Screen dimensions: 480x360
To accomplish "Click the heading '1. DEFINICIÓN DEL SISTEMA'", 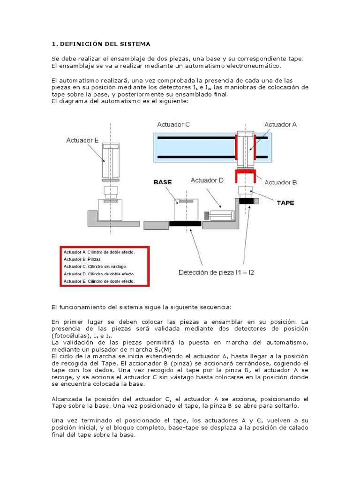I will pyautogui.click(x=101, y=44).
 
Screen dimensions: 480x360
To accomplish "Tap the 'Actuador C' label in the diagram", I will pyautogui.click(x=173, y=125).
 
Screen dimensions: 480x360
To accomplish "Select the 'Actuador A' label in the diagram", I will pyautogui.click(x=280, y=125).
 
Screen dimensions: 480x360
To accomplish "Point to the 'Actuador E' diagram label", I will pyautogui.click(x=82, y=140).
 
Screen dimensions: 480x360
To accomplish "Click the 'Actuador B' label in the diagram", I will pyautogui.click(x=280, y=182).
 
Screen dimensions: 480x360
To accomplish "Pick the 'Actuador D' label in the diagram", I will pyautogui.click(x=207, y=180).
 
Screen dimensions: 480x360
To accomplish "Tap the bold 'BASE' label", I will pyautogui.click(x=162, y=181).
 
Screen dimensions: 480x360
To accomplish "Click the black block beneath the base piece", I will pyautogui.click(x=185, y=224).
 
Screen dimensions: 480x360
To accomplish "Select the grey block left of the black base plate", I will pyautogui.click(x=156, y=225).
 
